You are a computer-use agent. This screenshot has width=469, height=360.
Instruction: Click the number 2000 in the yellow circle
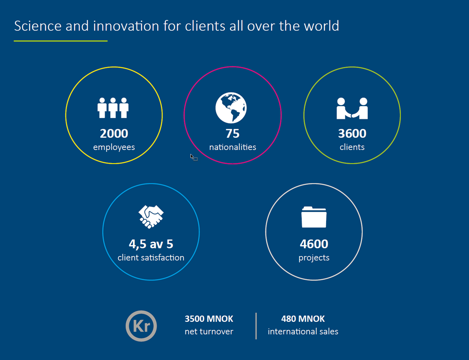point(114,133)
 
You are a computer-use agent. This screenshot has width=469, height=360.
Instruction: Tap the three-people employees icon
point(113,108)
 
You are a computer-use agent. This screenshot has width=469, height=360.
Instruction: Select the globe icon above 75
point(231,108)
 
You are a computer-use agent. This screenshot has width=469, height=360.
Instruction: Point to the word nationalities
point(232,147)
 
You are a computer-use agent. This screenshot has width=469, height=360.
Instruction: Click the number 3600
point(352,133)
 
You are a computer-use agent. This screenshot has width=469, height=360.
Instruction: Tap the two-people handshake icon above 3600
point(352,108)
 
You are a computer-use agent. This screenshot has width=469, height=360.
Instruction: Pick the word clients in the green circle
point(352,147)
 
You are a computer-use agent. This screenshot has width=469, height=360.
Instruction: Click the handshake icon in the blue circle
point(151,217)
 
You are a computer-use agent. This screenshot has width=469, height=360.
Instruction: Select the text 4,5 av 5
point(151,244)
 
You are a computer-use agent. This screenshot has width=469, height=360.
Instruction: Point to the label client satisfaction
point(151,257)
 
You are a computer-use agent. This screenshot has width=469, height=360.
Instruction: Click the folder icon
point(314,217)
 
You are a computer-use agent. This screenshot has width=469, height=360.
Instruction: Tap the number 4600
point(314,244)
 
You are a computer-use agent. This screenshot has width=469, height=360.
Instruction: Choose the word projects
point(314,258)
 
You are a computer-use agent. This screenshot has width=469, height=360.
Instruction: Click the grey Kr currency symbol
point(141,326)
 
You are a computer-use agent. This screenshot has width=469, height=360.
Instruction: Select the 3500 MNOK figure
point(209,319)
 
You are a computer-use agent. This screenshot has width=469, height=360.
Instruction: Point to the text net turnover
point(209,332)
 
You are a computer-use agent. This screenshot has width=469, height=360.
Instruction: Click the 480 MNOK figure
point(303,319)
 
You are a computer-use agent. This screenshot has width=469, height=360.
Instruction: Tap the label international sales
point(303,332)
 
